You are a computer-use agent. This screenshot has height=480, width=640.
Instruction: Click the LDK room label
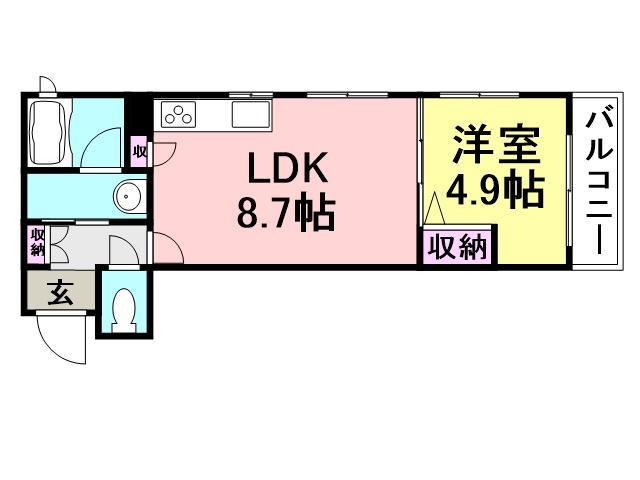coord(288,168)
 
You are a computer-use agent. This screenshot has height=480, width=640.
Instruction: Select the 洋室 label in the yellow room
coord(496,144)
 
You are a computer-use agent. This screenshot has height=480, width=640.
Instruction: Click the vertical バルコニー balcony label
coord(599,182)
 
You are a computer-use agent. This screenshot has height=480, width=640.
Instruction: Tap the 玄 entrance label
coord(61,293)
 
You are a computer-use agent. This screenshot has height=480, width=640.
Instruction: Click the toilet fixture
coord(123,310)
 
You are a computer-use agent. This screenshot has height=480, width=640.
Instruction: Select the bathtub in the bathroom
coord(48,132)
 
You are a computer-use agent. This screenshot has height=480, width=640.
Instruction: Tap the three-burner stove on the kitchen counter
coord(178,114)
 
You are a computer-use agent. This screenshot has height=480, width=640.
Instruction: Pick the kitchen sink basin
coord(251,114)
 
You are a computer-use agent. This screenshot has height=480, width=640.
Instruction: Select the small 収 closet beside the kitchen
coord(139,152)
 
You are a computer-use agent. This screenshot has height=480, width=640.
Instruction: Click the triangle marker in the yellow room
coord(435,209)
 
